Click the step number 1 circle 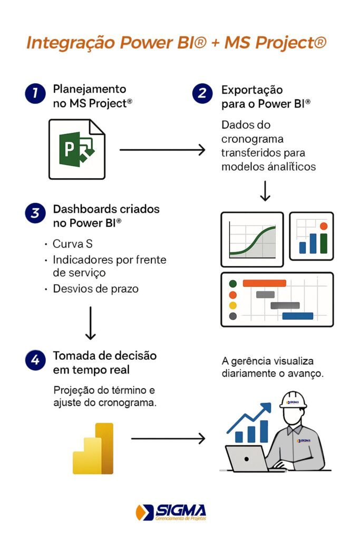(34, 93)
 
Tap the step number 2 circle (202, 93)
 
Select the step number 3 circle (34, 213)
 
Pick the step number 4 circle (34, 360)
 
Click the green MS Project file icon (76, 149)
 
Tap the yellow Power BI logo (93, 448)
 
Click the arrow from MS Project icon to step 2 (162, 150)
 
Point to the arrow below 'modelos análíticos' (265, 191)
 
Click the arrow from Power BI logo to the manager (168, 438)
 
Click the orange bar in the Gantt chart (264, 283)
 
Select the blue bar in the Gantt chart (297, 316)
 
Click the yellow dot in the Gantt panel (233, 305)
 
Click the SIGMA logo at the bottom (171, 512)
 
